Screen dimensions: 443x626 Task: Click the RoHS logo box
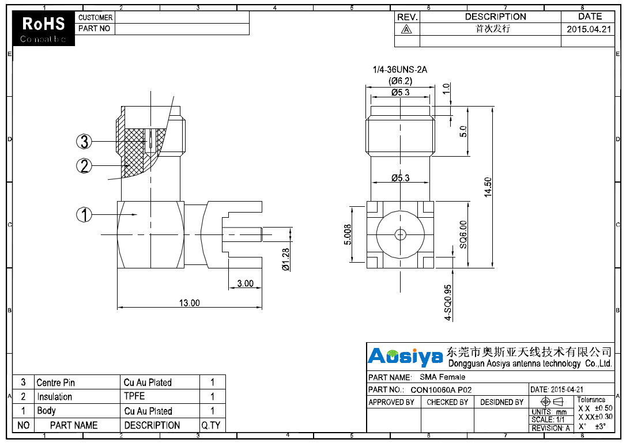tap(44, 29)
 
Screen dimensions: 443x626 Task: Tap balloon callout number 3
tap(84, 141)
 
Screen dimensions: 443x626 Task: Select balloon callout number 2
tap(84, 166)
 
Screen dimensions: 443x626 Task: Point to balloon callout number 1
tap(84, 214)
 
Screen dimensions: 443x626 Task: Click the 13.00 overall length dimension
tap(189, 302)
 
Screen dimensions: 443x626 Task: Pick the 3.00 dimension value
tap(245, 283)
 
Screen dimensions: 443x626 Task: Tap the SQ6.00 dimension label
tap(463, 234)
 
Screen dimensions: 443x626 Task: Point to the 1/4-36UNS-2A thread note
tap(400, 70)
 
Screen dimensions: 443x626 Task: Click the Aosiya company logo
tap(405, 357)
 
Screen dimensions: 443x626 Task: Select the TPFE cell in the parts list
tap(134, 396)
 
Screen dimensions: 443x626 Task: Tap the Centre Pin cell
tap(56, 383)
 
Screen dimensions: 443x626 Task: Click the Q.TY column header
tap(212, 425)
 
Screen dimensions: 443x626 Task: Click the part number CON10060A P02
tap(441, 389)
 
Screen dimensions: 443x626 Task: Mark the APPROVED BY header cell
tap(391, 402)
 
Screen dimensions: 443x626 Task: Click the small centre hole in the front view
tap(399, 234)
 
